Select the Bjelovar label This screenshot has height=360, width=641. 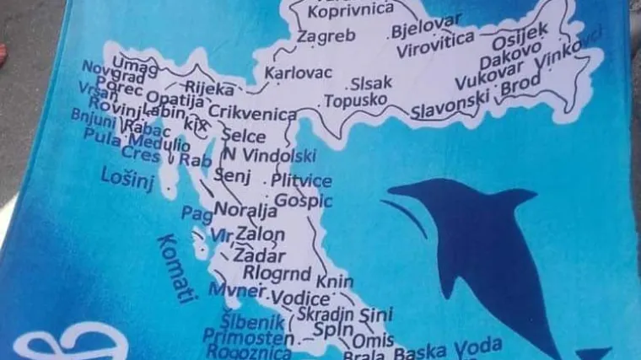[426, 30]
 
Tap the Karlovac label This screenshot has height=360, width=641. [298, 73]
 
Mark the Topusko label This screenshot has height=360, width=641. [355, 100]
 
